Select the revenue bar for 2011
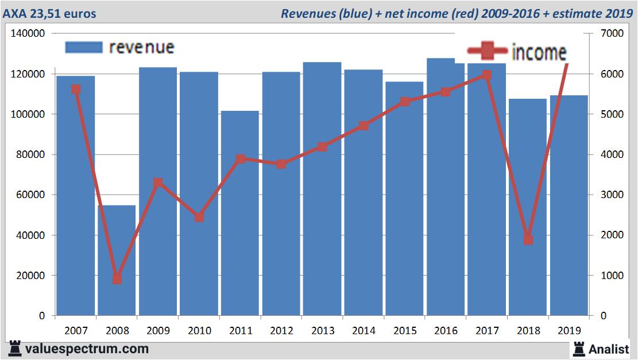[239, 213]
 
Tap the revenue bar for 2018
[528, 207]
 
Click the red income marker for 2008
[117, 278]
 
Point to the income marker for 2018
[528, 239]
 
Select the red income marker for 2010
[199, 217]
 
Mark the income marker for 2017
[486, 75]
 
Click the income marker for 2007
[75, 89]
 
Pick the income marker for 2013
[322, 146]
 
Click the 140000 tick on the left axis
[28, 34]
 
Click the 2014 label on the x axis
[364, 331]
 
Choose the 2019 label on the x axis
[569, 331]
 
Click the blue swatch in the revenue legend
[84, 47]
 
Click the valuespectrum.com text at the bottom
[78, 349]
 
